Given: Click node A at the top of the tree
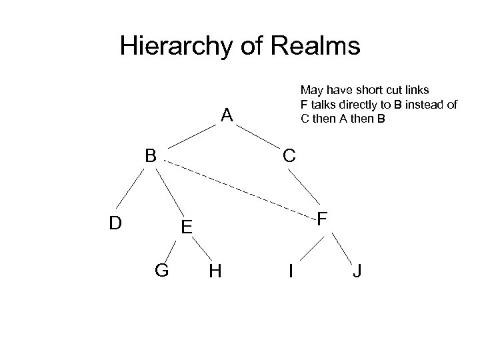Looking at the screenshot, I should pos(227,116).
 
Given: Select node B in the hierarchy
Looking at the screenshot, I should pos(151,156).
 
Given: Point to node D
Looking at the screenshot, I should pos(115,222).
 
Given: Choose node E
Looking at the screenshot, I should pos(187,228).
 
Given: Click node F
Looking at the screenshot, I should pos(322,219).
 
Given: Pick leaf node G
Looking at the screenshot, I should pos(161,271).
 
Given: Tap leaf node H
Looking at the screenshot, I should pos(215,271).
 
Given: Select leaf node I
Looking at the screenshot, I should pos(291,271).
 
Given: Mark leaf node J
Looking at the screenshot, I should pos(358,271).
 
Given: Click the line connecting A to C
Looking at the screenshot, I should pos(256,135).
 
